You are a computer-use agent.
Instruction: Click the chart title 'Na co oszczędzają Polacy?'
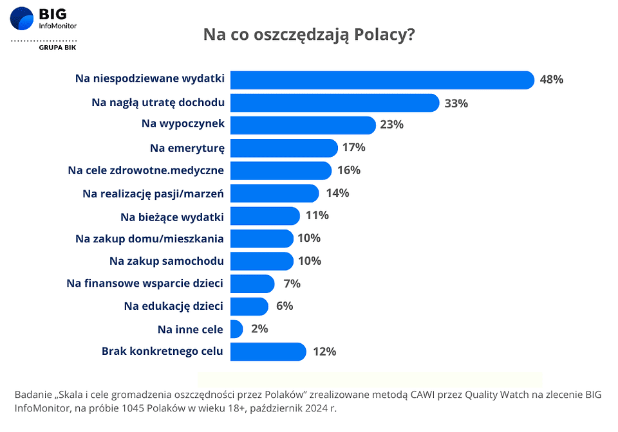(308, 34)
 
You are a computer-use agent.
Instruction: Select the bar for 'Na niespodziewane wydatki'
(382, 80)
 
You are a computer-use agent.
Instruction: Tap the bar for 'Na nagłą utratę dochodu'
(334, 103)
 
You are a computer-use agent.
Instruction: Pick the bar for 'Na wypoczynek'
(302, 125)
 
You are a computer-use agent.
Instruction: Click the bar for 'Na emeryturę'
(283, 148)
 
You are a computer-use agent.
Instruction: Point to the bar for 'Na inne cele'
(236, 329)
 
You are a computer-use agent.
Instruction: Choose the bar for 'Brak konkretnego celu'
(267, 352)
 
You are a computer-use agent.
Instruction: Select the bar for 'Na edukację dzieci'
(248, 306)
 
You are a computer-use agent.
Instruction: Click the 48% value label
(552, 80)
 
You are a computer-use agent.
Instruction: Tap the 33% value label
(456, 103)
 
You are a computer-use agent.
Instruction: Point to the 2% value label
(259, 329)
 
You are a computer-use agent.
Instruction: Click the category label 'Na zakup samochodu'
(167, 261)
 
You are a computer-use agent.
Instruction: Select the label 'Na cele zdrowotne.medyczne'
(146, 170)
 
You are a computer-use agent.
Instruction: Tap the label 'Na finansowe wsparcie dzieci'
(145, 283)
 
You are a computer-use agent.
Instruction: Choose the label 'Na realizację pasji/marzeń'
(153, 193)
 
